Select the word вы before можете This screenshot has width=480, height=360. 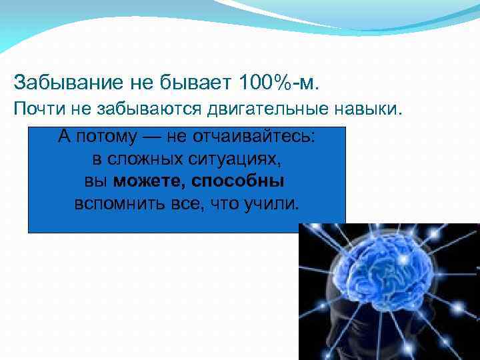(98, 181)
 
